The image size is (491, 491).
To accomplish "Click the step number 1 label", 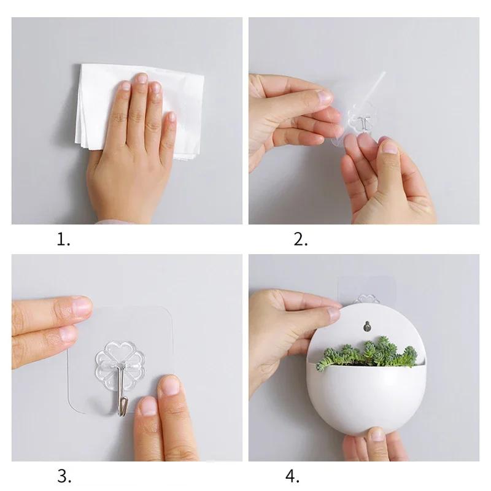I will click(63, 239).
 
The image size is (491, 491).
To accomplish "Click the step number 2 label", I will click(300, 239).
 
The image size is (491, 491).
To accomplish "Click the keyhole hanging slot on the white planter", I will click(366, 325).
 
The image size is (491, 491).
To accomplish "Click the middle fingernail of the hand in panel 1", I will click(141, 79).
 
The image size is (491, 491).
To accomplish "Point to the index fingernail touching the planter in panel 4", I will click(333, 314).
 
